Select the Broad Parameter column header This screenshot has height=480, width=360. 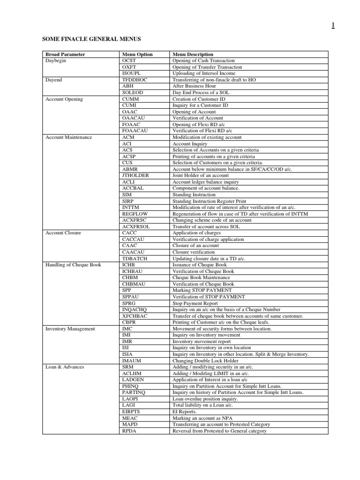(x=65, y=54)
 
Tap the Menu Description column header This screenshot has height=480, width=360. (x=193, y=54)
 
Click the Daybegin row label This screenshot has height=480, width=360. (x=56, y=60)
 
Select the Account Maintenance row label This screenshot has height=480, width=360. (x=69, y=137)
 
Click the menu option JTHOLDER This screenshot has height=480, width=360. (x=135, y=175)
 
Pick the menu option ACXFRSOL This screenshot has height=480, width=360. (x=135, y=226)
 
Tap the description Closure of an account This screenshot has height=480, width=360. (x=195, y=246)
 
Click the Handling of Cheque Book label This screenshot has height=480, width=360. (x=73, y=265)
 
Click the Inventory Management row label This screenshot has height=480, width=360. (x=70, y=329)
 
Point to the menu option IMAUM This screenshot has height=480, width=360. (x=131, y=360)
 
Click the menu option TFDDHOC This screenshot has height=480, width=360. (x=134, y=80)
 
